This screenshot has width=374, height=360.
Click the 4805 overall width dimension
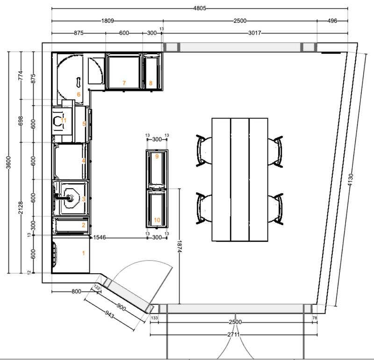200,8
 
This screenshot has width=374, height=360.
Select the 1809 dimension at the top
108,21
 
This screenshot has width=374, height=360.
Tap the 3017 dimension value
254,33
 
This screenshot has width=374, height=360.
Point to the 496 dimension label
332,21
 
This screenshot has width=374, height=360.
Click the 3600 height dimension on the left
8,162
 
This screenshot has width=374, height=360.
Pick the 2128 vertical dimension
21,208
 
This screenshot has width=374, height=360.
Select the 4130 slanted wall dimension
350,180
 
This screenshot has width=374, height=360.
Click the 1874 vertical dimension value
180,247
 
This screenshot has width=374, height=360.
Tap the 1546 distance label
100,237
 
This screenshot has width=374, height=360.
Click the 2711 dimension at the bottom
233,334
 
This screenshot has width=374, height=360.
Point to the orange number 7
124,83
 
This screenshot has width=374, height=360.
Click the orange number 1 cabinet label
84,253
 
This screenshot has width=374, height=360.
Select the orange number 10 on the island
157,220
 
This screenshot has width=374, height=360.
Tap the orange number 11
64,120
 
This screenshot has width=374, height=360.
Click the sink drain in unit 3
71,197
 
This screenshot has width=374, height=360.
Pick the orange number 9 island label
157,156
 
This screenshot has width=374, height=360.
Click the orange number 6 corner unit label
79,94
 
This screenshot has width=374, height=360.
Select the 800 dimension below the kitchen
76,291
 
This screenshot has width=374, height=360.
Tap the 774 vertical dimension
21,75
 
